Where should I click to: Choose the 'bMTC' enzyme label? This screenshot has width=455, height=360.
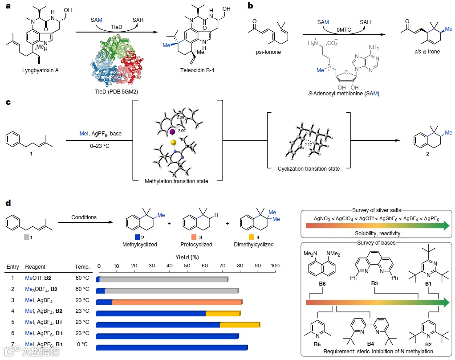343,29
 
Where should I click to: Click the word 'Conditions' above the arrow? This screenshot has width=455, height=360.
84,217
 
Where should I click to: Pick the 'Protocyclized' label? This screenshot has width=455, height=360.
196,244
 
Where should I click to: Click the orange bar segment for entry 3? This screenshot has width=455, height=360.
177,302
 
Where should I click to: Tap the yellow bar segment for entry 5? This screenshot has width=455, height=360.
240,325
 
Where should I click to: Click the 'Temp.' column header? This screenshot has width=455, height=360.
82,267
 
